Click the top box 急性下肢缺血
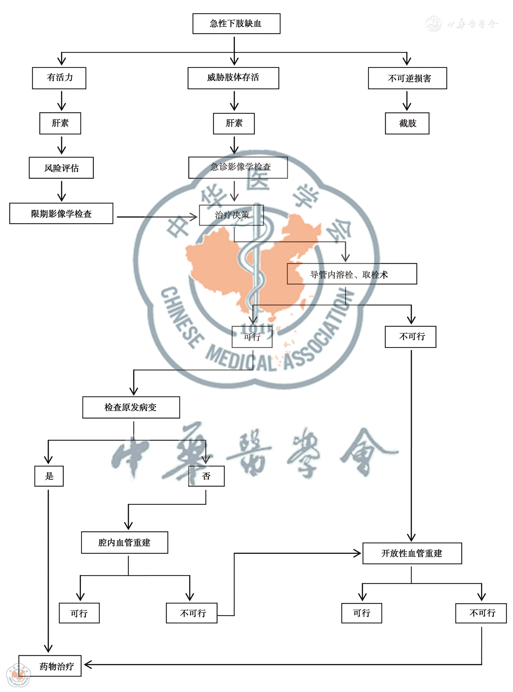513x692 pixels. pyautogui.click(x=236, y=24)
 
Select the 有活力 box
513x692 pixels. pyautogui.click(x=59, y=78)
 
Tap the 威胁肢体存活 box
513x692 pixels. pyautogui.click(x=233, y=78)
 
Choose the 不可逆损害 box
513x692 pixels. pyautogui.click(x=407, y=78)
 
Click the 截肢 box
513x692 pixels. pyautogui.click(x=407, y=123)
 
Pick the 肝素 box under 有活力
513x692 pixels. pyautogui.click(x=60, y=123)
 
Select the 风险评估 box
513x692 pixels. pyautogui.click(x=61, y=168)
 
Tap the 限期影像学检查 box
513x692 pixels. pyautogui.click(x=61, y=213)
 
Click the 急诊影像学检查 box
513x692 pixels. pyautogui.click(x=238, y=167)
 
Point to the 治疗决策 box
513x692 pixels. pyautogui.click(x=231, y=215)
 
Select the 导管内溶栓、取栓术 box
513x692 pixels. pyautogui.click(x=352, y=274)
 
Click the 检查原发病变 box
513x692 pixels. pyautogui.click(x=131, y=407)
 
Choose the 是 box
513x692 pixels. pyautogui.click(x=49, y=476)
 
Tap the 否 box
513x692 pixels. pyautogui.click(x=206, y=476)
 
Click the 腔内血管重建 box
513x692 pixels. pyautogui.click(x=124, y=542)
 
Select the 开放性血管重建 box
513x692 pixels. pyautogui.click(x=412, y=553)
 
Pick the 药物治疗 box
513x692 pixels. pyautogui.click(x=50, y=666)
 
